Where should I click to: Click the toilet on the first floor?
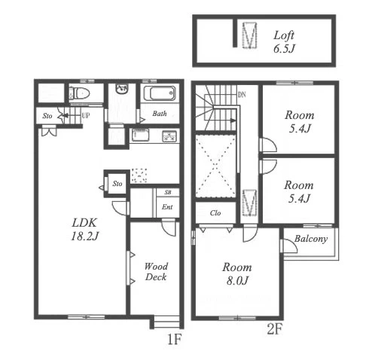[x=80, y=93]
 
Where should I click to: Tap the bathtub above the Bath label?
[x=160, y=93]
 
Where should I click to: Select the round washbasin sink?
[x=122, y=89]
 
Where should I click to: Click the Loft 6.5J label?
[x=284, y=41]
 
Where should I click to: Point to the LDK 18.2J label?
[x=84, y=230]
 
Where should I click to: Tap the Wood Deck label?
[x=156, y=272]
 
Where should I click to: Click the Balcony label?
[x=311, y=239]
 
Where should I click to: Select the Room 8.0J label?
[x=237, y=273]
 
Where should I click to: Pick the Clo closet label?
[x=215, y=213]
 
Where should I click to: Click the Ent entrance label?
[x=167, y=207]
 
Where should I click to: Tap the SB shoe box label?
[x=168, y=192]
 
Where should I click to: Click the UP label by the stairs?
[x=86, y=116]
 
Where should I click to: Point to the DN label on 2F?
[x=242, y=95]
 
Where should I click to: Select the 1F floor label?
[x=174, y=340]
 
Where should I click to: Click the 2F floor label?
[x=275, y=329]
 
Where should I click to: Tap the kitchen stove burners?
[x=169, y=137]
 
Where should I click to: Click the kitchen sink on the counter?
[x=140, y=135]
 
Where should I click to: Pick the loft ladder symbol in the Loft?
[x=250, y=35]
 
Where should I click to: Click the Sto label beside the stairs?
[x=47, y=116]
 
